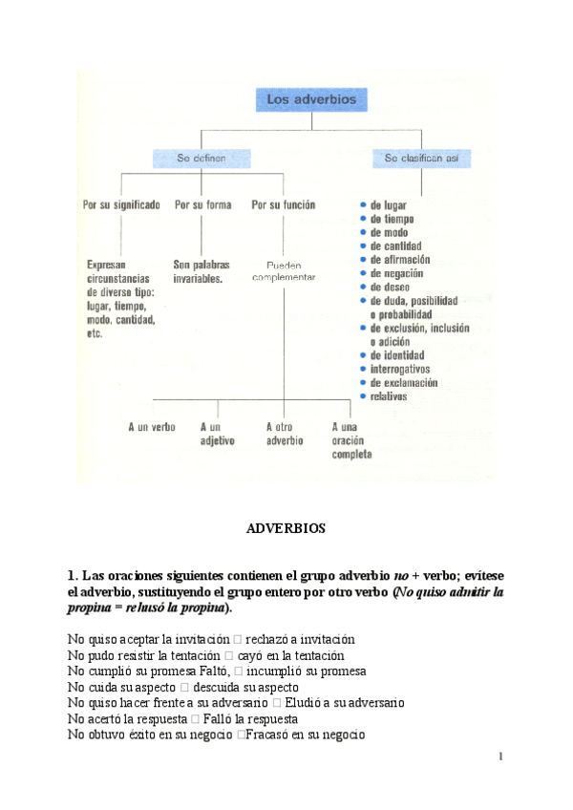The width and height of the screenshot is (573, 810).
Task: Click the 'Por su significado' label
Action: (x=121, y=204)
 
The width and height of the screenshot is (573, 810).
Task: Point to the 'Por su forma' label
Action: (x=202, y=204)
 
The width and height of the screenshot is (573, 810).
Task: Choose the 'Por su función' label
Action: (x=284, y=204)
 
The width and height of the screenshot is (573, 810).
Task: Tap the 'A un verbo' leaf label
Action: (x=152, y=427)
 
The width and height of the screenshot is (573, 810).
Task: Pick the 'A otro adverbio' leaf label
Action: (x=284, y=434)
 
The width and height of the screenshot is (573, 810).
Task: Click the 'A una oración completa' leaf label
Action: (x=351, y=440)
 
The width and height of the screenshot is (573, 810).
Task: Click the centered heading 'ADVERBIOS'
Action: (x=286, y=527)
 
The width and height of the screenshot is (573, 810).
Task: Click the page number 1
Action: (x=499, y=757)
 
